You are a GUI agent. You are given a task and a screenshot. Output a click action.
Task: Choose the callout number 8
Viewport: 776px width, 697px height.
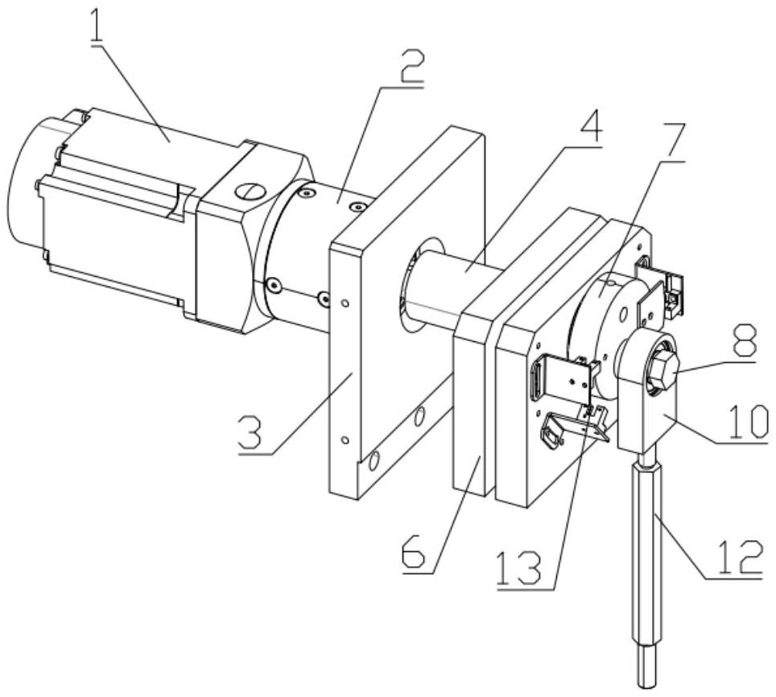pyautogui.click(x=742, y=341)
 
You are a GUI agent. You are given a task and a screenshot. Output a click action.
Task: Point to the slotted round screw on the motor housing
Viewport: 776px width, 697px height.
pyautogui.click(x=250, y=191)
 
